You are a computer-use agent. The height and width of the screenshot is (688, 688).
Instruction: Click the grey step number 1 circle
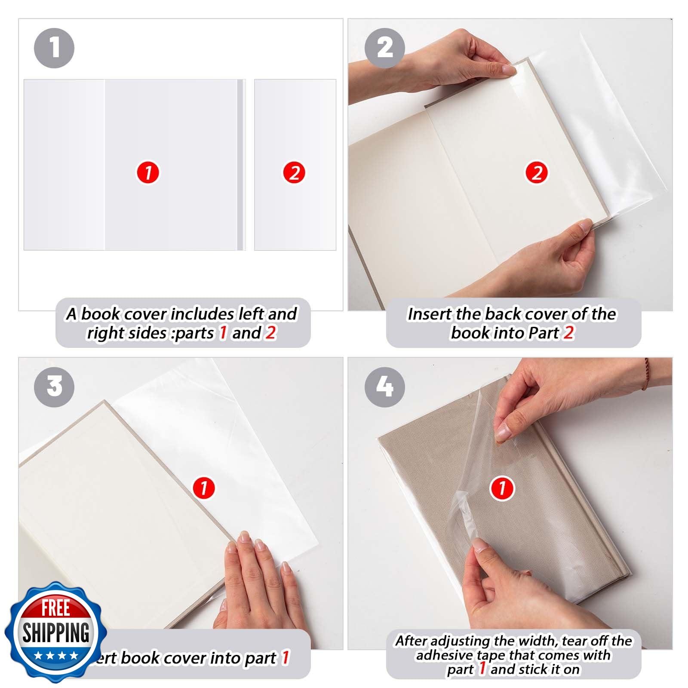[54, 48]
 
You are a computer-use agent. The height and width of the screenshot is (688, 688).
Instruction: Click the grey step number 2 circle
[385, 48]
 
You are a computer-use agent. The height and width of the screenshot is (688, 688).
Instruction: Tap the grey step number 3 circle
[54, 386]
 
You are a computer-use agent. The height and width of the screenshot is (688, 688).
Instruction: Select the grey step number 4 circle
[385, 386]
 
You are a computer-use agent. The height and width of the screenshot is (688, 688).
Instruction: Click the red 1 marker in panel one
[148, 173]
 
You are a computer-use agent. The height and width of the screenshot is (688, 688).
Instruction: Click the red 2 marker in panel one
[294, 173]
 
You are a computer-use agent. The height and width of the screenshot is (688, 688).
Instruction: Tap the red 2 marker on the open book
[537, 173]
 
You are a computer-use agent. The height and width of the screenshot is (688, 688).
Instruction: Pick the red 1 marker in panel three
[204, 488]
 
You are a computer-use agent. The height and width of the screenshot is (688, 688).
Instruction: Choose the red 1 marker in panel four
[502, 488]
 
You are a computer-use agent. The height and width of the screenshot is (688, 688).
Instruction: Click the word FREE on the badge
[55, 608]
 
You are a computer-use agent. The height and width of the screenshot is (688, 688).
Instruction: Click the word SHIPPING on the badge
[55, 633]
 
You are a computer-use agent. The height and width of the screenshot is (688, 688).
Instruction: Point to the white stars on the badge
[56, 656]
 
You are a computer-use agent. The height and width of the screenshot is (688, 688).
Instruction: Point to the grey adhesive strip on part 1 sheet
[240, 165]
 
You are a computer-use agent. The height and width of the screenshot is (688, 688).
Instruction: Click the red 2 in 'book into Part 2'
[568, 333]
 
